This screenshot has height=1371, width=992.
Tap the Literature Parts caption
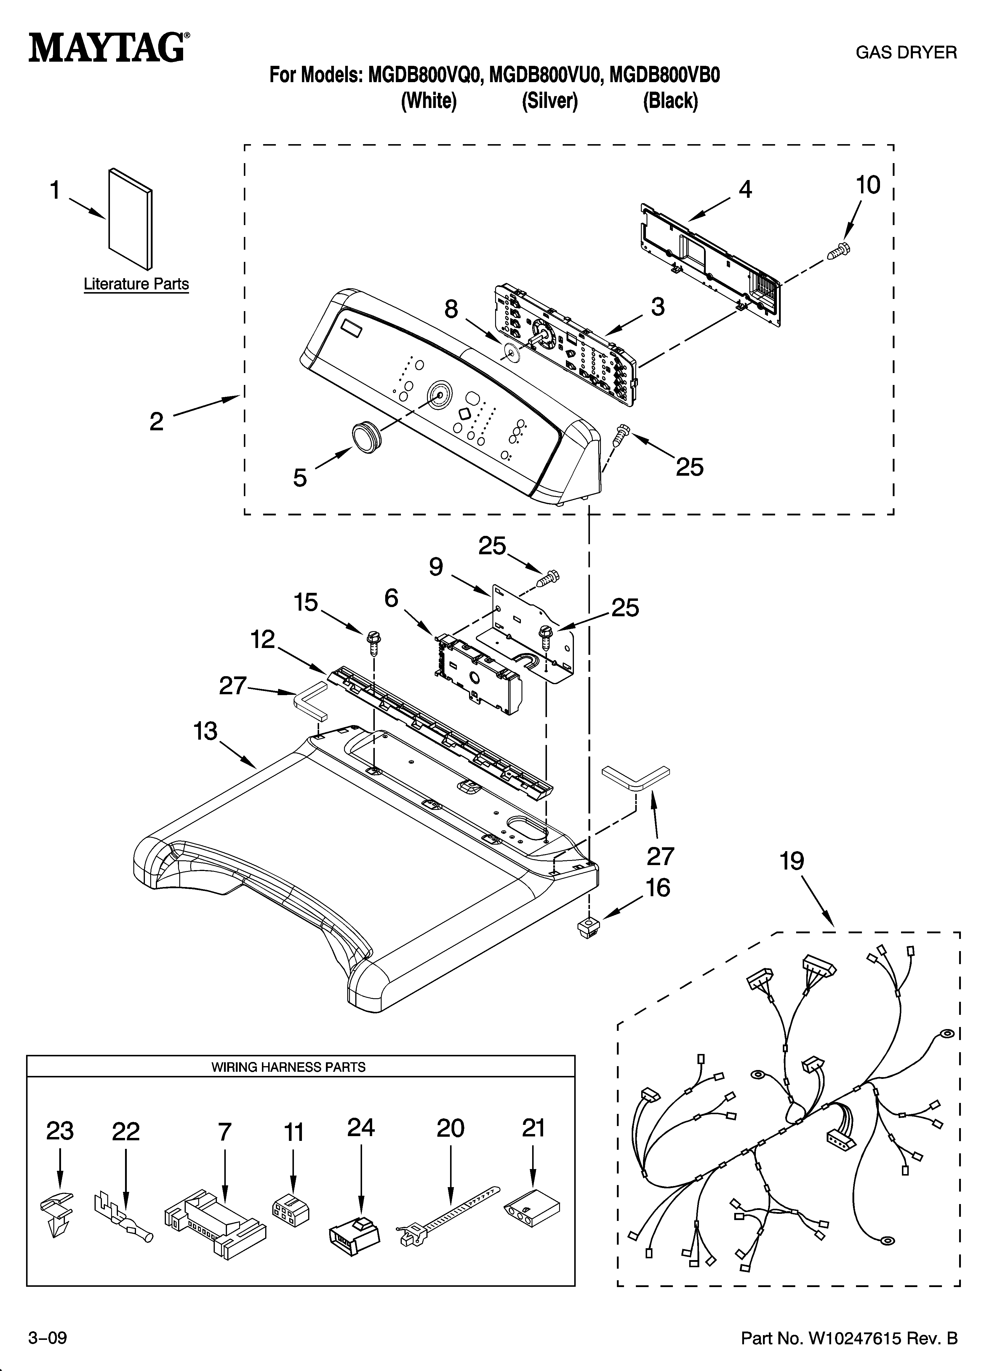136,284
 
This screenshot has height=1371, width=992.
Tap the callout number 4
745,190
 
